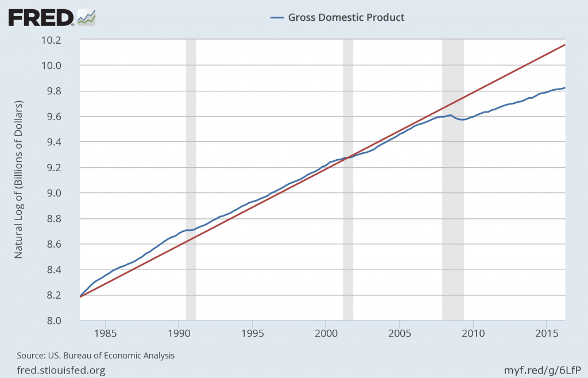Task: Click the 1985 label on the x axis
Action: click(105, 333)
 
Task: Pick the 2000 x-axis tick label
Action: click(326, 333)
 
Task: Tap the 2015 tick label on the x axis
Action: click(546, 333)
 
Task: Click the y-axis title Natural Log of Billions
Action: click(18, 180)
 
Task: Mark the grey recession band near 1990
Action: click(191, 172)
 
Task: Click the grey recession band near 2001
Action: click(348, 172)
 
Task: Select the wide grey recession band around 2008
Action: click(452, 172)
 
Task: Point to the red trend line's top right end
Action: click(564, 45)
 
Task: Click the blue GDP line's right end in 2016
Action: click(565, 88)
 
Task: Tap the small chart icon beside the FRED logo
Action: click(87, 17)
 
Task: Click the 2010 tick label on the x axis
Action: click(473, 333)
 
